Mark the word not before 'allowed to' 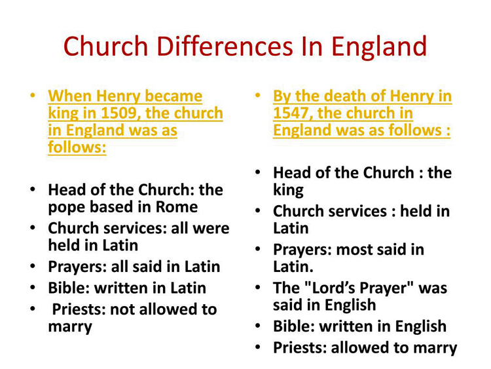[123, 310]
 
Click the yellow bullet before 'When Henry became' [32, 95]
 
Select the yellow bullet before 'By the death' [257, 95]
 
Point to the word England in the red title [379, 47]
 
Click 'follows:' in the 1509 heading [77, 147]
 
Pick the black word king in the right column [289, 191]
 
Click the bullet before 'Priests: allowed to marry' [257, 347]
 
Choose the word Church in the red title [106, 46]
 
